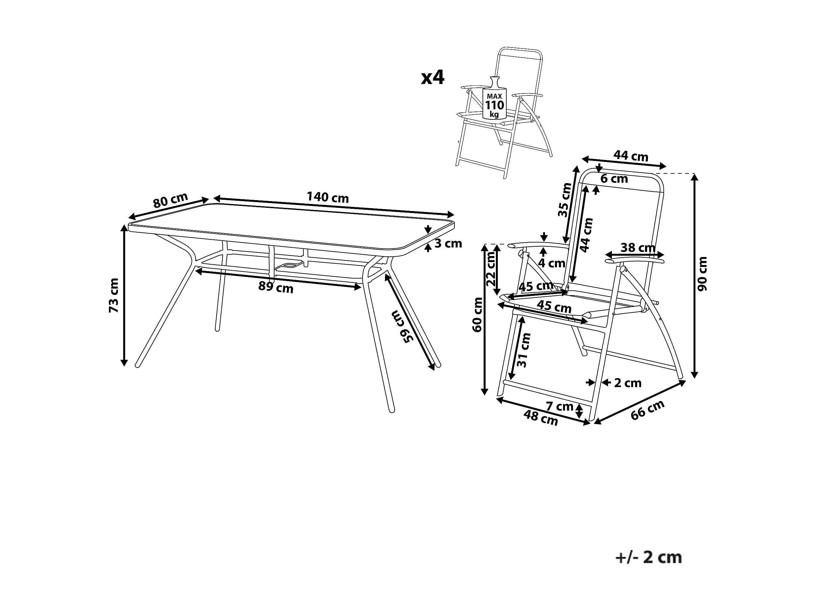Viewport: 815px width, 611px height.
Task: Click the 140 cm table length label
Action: click(x=327, y=198)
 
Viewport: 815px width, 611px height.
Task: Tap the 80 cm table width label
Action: click(x=170, y=200)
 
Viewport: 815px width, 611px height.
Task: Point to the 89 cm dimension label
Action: click(x=276, y=287)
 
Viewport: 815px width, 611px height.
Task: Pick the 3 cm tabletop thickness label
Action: click(x=448, y=244)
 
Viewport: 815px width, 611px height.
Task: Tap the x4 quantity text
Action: click(x=433, y=78)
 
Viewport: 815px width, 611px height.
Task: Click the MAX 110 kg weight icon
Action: click(x=494, y=101)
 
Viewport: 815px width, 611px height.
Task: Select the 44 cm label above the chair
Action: click(x=631, y=156)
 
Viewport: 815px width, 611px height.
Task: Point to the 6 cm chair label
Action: click(x=614, y=179)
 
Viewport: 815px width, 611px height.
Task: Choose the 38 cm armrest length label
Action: click(x=638, y=247)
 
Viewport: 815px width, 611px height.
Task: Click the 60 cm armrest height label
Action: click(x=478, y=314)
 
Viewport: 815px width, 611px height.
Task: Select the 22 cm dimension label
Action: click(x=491, y=269)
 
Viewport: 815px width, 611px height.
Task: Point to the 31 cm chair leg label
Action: click(x=524, y=350)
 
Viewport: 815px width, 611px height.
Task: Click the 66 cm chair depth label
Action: click(x=647, y=410)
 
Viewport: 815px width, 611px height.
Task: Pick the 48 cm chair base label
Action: click(x=541, y=418)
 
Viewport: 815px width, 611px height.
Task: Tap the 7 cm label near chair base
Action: click(x=559, y=407)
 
